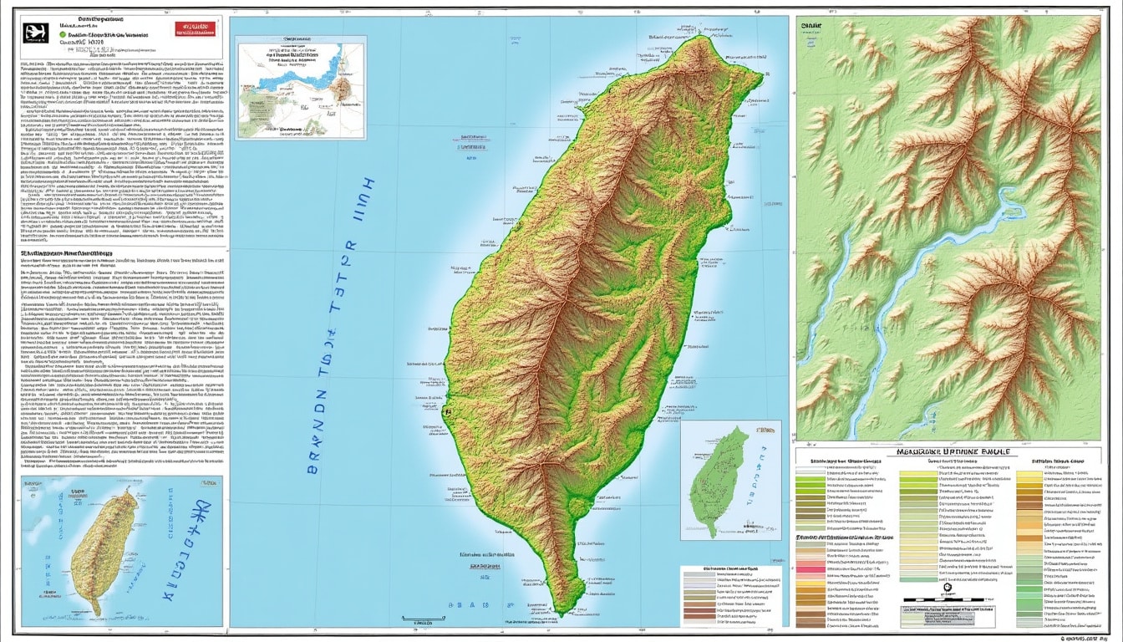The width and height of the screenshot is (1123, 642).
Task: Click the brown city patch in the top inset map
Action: pyautogui.click(x=343, y=86)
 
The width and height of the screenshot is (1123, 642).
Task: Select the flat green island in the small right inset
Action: pyautogui.click(x=719, y=481)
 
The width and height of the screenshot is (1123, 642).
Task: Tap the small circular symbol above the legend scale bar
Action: pyautogui.click(x=947, y=588)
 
